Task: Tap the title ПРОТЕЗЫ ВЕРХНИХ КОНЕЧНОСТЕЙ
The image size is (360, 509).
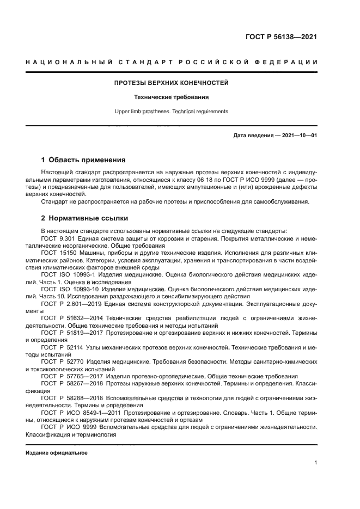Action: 171,83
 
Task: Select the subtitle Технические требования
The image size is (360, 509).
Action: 171,97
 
